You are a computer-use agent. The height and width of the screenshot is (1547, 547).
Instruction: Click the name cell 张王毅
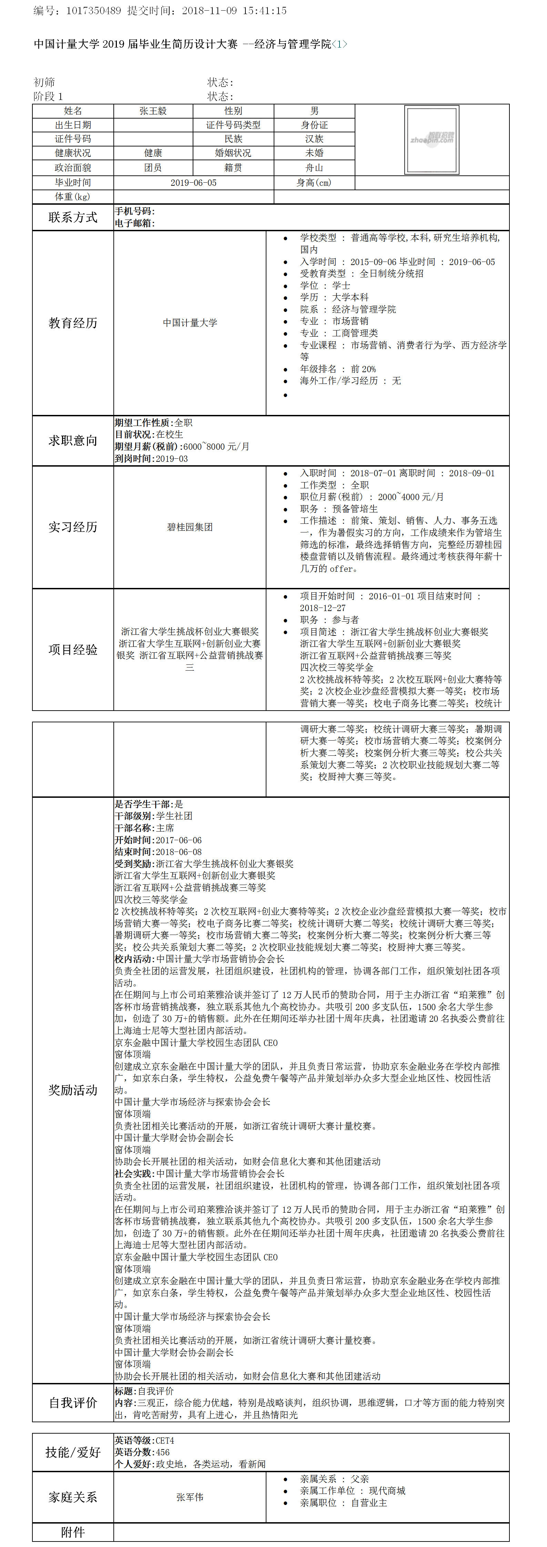153,111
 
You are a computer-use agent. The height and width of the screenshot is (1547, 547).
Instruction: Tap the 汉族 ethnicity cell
314,139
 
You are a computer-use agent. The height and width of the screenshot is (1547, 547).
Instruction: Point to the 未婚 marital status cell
314,153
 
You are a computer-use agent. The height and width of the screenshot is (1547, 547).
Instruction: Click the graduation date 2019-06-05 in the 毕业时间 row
193,183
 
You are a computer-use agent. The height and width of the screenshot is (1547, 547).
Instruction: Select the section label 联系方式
73,217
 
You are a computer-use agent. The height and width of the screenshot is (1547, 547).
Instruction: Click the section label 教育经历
73,323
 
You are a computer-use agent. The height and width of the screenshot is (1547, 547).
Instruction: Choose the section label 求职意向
73,441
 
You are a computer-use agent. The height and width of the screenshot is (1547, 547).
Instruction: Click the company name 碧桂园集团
190,527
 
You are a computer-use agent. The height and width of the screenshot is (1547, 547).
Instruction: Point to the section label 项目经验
73,650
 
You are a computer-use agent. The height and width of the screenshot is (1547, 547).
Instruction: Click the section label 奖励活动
73,1090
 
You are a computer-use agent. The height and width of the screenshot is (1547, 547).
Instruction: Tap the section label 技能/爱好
73,1452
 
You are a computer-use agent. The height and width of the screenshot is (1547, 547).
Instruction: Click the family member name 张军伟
190,1497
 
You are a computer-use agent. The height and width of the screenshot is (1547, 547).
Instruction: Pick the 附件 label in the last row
73,1532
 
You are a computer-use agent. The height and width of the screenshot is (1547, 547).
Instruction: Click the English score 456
163,1452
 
